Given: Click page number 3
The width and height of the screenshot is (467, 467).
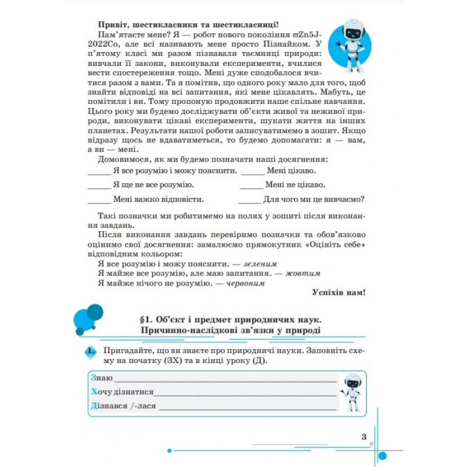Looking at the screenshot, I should point(363,437).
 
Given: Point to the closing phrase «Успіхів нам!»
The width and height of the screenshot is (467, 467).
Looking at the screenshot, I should point(339,292).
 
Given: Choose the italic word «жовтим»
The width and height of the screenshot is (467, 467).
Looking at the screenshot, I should point(304,273).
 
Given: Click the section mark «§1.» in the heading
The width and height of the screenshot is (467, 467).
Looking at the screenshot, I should point(147,320).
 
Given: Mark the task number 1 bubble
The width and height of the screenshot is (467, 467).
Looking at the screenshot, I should point(89,352).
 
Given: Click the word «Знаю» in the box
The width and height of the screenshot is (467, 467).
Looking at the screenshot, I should point(102,378).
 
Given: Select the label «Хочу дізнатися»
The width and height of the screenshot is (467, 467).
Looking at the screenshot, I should point(122,392).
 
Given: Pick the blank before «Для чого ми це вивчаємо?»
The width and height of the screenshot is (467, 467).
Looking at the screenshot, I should point(251,199).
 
